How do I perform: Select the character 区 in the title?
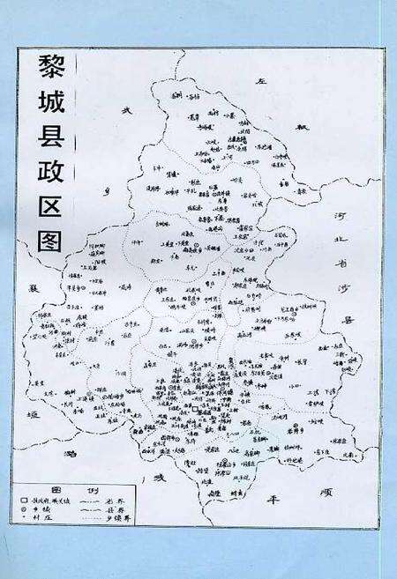(49, 202)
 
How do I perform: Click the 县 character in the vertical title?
(49, 134)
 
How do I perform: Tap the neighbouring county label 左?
(261, 81)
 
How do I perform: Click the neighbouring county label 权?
(305, 130)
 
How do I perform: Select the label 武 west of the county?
(126, 110)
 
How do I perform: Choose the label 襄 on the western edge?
(34, 288)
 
